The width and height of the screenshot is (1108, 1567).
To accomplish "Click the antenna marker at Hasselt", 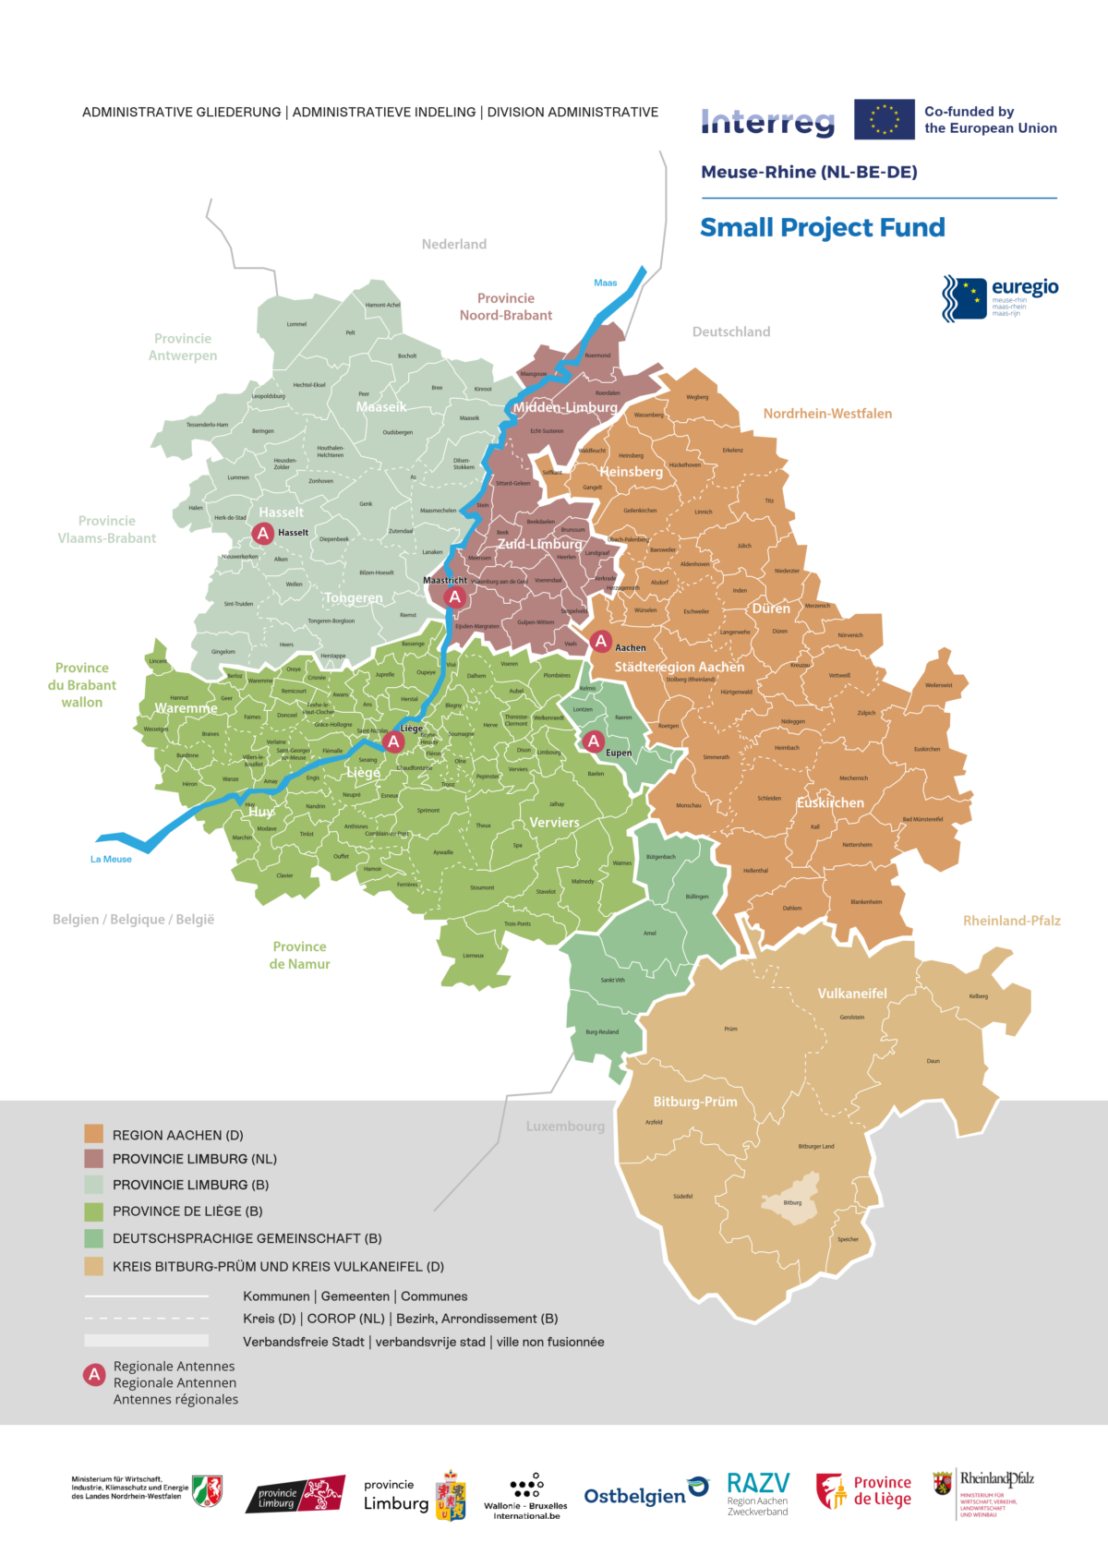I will [x=263, y=533].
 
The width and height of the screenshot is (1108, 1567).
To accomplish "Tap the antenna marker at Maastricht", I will [x=454, y=597].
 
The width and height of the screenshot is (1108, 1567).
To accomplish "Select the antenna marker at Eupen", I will [x=594, y=741].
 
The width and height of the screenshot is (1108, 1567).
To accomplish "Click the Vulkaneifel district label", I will [x=851, y=994].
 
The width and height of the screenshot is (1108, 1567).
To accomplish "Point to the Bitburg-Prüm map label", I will [x=694, y=1102].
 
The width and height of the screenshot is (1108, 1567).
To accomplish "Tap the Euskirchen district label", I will [x=830, y=802].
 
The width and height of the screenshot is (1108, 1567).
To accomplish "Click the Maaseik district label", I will [x=380, y=406].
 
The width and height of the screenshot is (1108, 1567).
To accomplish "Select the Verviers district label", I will [x=554, y=822].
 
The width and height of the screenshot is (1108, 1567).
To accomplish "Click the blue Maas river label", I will [x=605, y=283].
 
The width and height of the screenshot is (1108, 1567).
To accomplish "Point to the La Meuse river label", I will [x=111, y=859].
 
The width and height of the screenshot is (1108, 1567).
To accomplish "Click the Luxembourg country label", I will [x=565, y=1127].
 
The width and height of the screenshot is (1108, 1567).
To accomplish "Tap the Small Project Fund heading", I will [x=822, y=227].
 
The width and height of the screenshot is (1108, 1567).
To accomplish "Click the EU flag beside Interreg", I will [x=884, y=119].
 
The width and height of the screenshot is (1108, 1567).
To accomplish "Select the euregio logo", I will [x=999, y=297].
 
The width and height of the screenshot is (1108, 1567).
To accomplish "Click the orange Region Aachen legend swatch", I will [x=93, y=1134].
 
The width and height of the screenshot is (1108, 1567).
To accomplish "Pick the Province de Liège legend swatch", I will [x=93, y=1211].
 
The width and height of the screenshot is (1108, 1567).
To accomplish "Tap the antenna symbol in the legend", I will [x=94, y=1375].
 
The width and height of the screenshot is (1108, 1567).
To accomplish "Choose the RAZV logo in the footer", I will [x=757, y=1493].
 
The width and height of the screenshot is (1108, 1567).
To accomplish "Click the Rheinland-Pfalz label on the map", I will [x=1011, y=921].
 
